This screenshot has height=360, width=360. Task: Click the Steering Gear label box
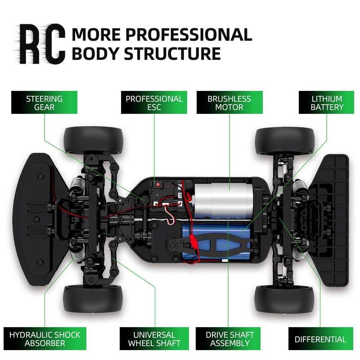pos(44,103)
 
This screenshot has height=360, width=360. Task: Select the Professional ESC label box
pos(154,103)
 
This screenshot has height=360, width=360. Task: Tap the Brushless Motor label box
pos(229,103)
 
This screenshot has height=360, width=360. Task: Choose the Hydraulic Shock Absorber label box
pos(45,339)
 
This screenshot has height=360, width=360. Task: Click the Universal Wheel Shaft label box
pos(154,339)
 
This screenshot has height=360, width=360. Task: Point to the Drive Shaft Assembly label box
pos(229,339)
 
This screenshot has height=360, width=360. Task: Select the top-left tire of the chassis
pos(93,139)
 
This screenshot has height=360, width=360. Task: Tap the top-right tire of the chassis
pos(284,140)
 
